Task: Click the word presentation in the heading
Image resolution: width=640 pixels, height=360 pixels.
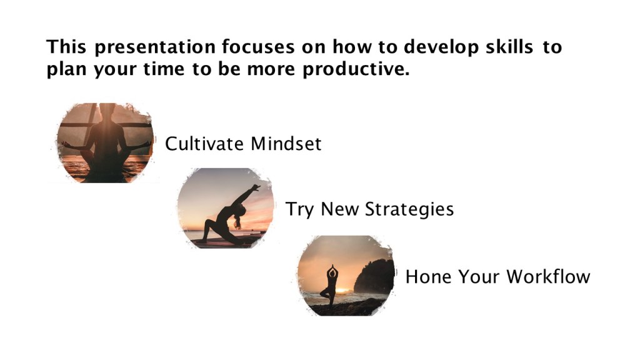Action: point(155,47)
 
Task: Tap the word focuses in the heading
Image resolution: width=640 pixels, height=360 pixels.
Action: point(258,46)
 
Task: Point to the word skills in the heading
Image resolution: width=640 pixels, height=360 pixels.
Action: point(509,46)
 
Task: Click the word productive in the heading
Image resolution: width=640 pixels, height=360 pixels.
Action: point(356,69)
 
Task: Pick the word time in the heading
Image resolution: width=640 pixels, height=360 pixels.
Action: point(164,69)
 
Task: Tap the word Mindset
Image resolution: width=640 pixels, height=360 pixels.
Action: point(286,144)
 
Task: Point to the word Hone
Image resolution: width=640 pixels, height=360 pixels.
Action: point(428,277)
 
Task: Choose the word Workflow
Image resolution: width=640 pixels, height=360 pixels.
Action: point(548,277)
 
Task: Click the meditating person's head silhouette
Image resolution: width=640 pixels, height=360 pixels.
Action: point(107,111)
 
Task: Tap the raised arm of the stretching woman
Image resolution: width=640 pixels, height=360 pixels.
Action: point(246,195)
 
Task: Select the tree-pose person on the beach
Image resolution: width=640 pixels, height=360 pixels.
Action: point(331,286)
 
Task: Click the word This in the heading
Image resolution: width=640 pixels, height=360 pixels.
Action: point(66,46)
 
